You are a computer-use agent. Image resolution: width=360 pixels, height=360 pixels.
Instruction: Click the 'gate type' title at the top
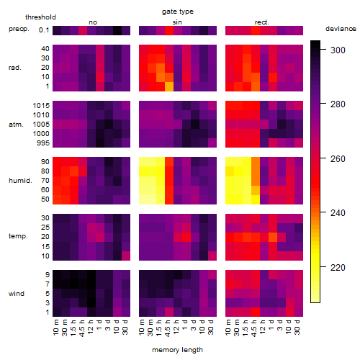click(178, 12)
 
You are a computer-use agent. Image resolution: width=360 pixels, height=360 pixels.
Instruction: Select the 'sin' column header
click(177, 22)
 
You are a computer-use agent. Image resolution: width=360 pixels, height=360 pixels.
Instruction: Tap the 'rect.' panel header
click(262, 22)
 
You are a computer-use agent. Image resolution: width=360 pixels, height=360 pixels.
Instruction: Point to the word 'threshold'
click(40, 17)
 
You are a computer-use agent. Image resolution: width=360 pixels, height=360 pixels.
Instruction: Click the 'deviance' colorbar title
click(341, 29)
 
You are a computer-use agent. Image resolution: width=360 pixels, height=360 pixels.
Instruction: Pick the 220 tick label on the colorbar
click(338, 267)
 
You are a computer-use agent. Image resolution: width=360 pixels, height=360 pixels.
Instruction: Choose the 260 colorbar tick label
click(338, 158)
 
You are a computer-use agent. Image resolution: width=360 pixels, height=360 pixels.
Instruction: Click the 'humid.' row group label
click(20, 180)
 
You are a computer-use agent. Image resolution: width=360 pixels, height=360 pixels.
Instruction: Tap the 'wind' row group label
click(17, 294)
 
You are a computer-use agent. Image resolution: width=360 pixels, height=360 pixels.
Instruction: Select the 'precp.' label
click(19, 30)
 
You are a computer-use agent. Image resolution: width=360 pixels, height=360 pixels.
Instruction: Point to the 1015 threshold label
click(41, 105)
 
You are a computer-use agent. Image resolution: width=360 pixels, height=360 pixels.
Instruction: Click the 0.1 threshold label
click(44, 30)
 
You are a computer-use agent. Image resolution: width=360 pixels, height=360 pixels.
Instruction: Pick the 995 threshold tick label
click(43, 143)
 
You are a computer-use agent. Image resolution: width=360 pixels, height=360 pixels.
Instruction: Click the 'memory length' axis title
click(178, 350)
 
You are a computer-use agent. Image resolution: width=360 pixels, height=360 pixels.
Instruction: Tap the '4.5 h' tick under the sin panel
click(169, 328)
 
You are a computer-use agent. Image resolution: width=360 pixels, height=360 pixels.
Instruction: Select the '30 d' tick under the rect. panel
click(297, 327)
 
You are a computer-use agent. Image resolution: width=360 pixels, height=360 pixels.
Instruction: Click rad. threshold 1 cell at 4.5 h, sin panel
click(169, 86)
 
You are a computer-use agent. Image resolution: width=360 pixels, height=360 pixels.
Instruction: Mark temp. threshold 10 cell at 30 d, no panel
click(126, 256)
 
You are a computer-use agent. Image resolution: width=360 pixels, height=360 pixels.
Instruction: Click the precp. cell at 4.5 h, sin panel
click(169, 30)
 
